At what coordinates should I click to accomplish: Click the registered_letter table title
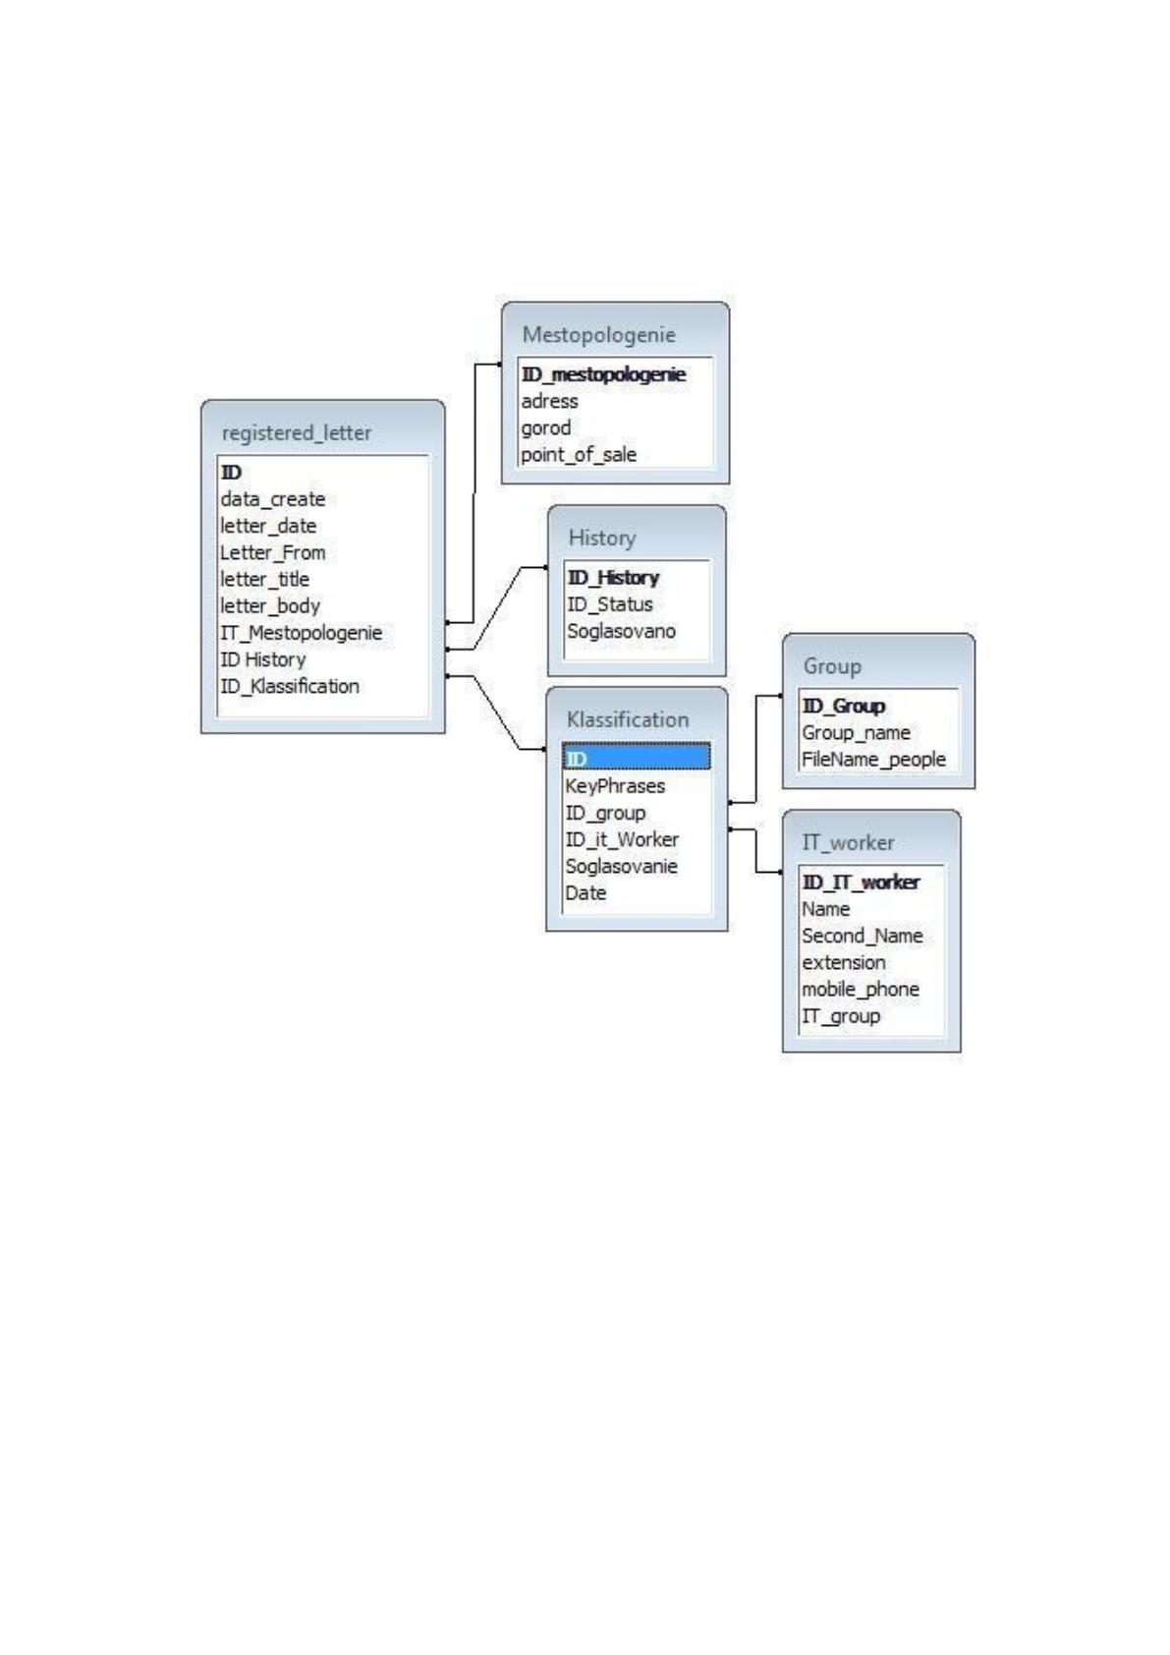pos(297,433)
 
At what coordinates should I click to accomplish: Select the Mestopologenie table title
pos(598,335)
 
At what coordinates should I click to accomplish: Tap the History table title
pos(602,538)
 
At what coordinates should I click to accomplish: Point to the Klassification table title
pos(627,718)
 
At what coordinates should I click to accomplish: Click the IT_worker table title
pos(848,842)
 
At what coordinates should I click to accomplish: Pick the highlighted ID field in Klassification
pos(636,758)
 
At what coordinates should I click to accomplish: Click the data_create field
pos(272,499)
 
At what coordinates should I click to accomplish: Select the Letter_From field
pos(272,552)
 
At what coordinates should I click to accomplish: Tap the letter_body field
pos(269,606)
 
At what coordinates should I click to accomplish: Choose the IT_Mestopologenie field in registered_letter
pos(302,633)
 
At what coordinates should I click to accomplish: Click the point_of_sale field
pos(579,455)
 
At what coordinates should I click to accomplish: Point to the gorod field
pos(546,428)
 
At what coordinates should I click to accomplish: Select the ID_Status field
pos(610,604)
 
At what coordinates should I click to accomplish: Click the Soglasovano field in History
pos(621,631)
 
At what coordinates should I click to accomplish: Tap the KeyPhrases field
pos(615,786)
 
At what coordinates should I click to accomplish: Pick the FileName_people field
pos(873,760)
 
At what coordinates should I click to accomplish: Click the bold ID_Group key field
pos(844,707)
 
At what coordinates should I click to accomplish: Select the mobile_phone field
pos(861,990)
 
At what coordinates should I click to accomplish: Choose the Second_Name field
pos(863,937)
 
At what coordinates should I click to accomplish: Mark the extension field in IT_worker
pos(844,963)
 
